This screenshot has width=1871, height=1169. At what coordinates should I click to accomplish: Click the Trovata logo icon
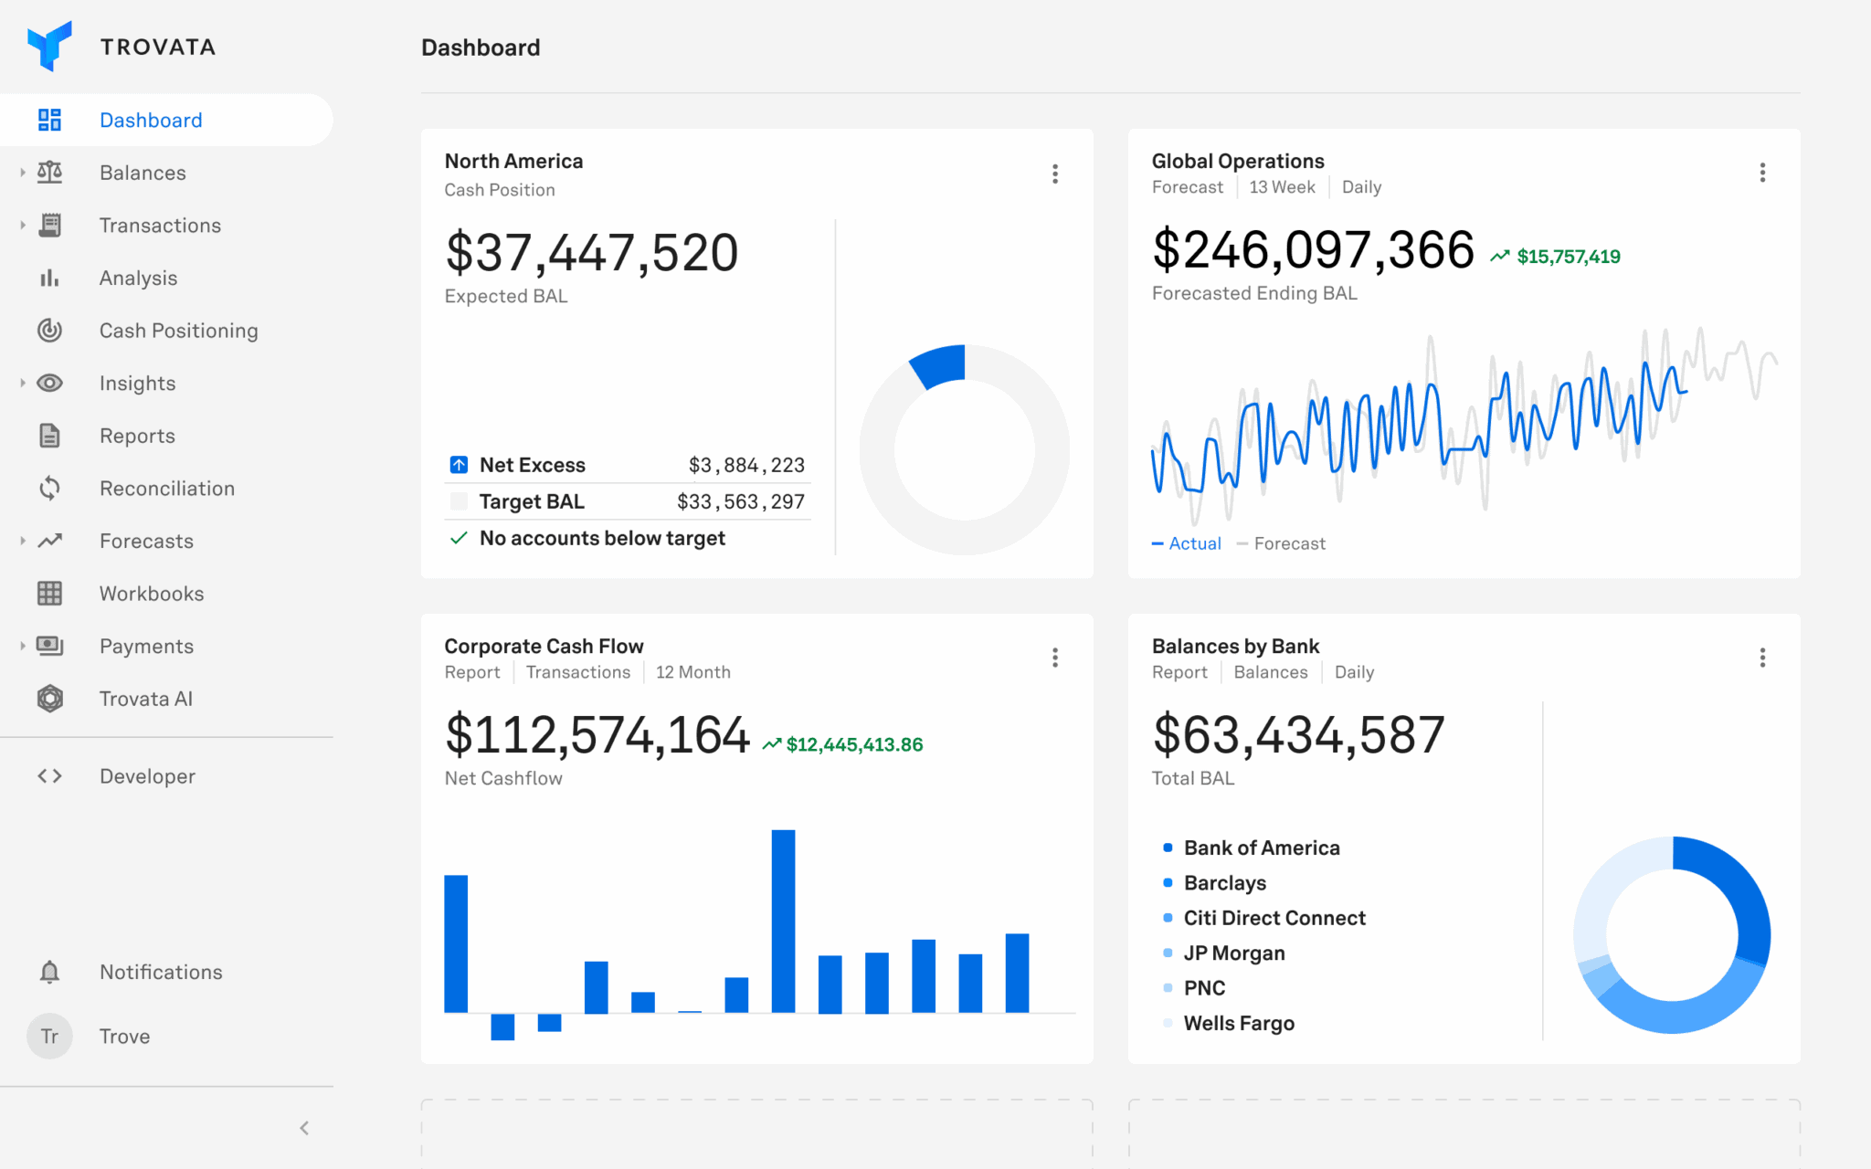[x=49, y=46]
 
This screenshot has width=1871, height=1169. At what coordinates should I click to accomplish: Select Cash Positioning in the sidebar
[x=178, y=331]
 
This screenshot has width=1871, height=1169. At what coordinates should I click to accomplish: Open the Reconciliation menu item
[x=166, y=489]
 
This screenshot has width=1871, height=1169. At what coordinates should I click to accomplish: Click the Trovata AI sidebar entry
[x=145, y=699]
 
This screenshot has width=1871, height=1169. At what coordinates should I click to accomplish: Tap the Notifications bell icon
[x=49, y=972]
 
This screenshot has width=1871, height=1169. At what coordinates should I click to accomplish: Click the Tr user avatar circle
[x=49, y=1037]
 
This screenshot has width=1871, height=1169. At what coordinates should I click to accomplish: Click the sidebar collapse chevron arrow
[x=304, y=1128]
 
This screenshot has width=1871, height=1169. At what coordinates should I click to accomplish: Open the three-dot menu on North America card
[x=1055, y=174]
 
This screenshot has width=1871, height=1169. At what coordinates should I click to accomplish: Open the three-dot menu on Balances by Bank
[x=1762, y=658]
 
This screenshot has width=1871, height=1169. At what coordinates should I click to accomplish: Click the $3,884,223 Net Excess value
[x=746, y=465]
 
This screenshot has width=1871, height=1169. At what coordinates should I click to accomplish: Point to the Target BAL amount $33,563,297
[x=740, y=501]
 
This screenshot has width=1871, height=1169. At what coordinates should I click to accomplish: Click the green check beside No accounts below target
[x=459, y=538]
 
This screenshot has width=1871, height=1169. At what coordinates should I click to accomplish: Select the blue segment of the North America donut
[x=939, y=364]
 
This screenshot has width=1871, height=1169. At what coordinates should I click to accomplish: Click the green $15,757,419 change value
[x=1568, y=257]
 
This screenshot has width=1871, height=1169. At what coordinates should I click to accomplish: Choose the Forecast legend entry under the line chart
[x=1288, y=543]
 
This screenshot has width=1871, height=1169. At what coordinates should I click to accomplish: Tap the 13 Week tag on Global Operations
[x=1282, y=187]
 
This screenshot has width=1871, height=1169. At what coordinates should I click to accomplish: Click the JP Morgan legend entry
[x=1233, y=953]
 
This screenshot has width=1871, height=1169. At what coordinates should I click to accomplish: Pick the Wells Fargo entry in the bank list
[x=1238, y=1023]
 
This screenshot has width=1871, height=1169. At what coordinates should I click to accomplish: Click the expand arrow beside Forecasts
[x=23, y=541]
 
